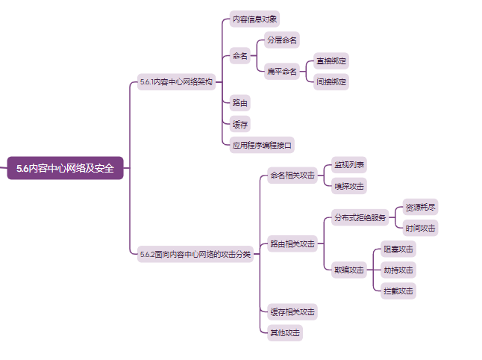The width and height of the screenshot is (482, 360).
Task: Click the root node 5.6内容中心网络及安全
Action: pos(65,168)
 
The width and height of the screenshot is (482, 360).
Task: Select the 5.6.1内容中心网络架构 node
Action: pos(175,81)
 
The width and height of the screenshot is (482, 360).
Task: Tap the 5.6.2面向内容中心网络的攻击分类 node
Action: pos(195,255)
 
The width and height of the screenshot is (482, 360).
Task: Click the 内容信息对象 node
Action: pos(255,19)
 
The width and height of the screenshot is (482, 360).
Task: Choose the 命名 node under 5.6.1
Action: pos(240,56)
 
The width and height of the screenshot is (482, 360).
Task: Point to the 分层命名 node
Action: pos(282,40)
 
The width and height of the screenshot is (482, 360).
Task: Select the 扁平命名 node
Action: pos(281,72)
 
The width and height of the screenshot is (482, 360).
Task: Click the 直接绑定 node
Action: pos(331,60)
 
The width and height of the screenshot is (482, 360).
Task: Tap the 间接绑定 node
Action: pos(331,81)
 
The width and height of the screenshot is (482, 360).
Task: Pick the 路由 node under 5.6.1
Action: pos(240,102)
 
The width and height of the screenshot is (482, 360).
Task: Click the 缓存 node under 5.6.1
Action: pos(240,123)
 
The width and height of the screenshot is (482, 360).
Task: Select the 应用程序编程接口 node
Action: pos(263,144)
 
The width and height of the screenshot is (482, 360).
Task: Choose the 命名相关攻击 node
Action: pos(292,176)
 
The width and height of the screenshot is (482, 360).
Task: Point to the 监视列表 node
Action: pos(349,164)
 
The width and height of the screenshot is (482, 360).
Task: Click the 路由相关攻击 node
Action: pos(292,243)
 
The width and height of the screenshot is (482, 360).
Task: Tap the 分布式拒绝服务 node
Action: pos(360,218)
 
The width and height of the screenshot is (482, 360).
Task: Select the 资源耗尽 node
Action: pos(420,207)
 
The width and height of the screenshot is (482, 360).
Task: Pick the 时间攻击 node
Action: pos(420,228)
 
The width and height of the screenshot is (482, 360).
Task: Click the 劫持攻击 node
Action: pos(398,270)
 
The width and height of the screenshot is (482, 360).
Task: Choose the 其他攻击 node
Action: pos(284,332)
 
